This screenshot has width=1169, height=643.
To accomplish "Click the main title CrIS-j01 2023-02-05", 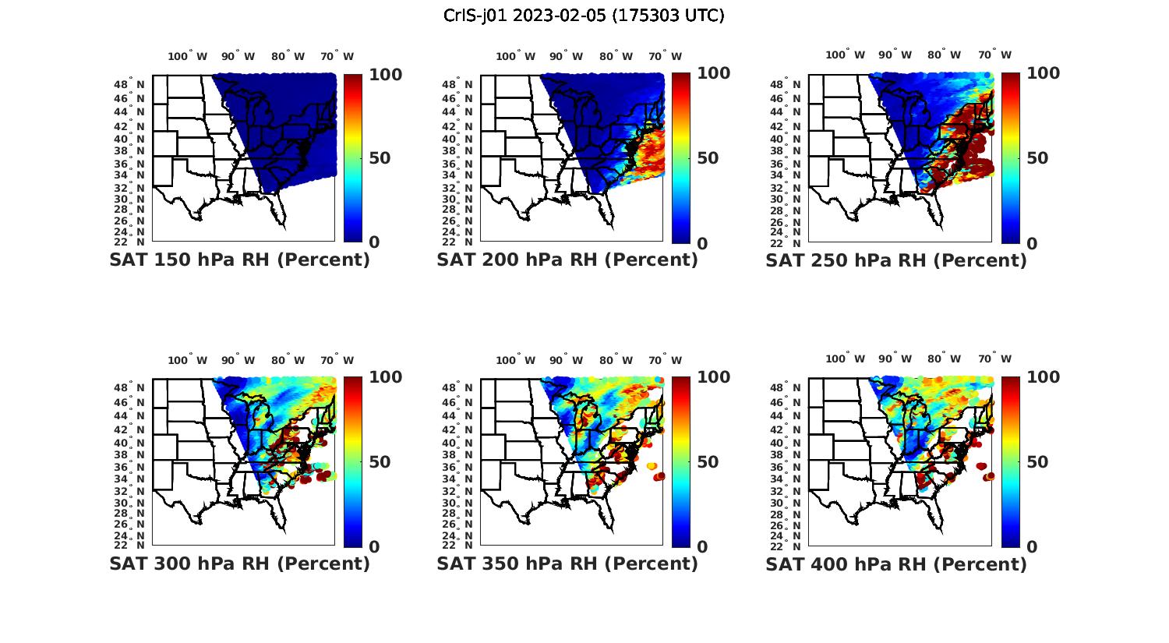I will (x=584, y=16).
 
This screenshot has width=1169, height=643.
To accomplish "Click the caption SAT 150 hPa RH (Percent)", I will (x=239, y=260).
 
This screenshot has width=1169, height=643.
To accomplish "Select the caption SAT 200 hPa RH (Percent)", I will (x=567, y=260).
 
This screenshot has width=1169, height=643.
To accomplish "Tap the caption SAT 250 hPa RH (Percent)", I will (x=896, y=260).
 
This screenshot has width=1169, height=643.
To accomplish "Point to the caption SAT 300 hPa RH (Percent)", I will (x=239, y=564).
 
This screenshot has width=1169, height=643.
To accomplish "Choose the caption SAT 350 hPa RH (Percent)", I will (x=567, y=564).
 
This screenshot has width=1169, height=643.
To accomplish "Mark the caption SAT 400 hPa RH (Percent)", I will (x=896, y=564).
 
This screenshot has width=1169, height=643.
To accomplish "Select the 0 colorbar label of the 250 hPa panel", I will (x=1032, y=243).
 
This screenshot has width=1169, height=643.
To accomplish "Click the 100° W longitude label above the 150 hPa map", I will (x=188, y=56).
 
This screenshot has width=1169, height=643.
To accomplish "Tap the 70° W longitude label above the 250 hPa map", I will (x=994, y=55).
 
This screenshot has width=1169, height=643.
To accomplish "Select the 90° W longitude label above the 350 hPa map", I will (x=566, y=360).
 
